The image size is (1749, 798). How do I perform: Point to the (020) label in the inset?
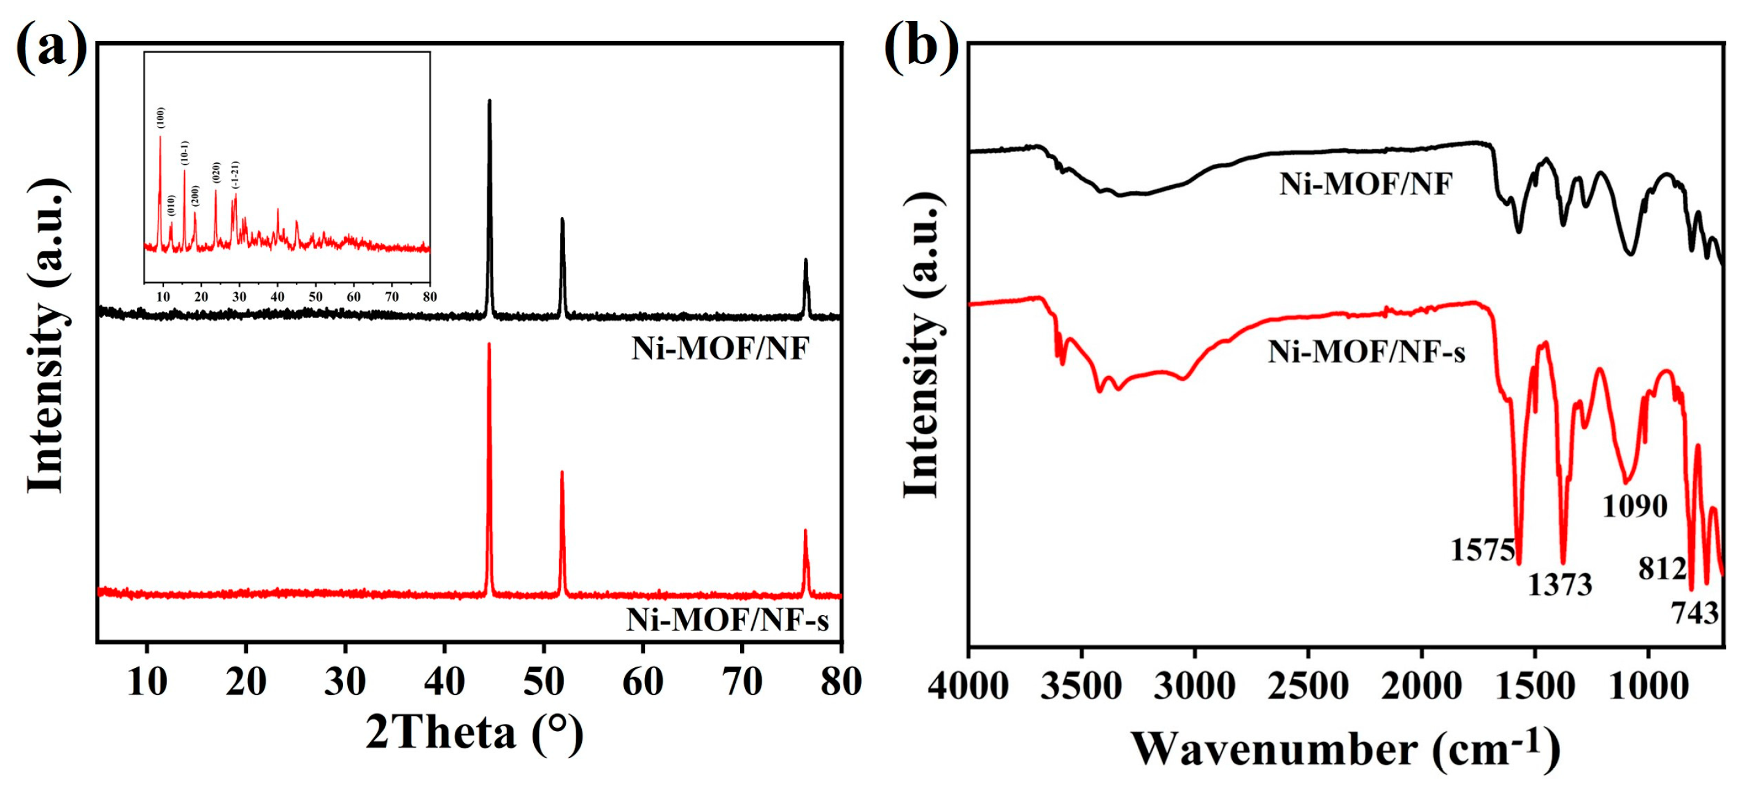(x=217, y=172)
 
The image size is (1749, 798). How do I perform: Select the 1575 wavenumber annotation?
(x=1483, y=550)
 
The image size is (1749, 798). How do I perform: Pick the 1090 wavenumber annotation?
(x=1635, y=506)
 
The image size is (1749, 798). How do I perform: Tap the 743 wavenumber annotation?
(x=1694, y=613)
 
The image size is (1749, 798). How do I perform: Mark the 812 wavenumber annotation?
(x=1662, y=569)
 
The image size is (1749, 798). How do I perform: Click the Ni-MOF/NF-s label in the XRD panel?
(x=727, y=620)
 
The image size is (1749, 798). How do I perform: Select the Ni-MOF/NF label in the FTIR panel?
(x=1366, y=184)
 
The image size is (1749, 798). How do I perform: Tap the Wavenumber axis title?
(x=1345, y=750)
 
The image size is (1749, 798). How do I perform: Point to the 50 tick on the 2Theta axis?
(x=544, y=682)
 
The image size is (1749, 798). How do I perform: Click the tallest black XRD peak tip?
(x=490, y=102)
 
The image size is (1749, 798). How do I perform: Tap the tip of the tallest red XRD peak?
(x=489, y=345)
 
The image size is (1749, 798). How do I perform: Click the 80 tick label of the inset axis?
(x=429, y=296)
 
